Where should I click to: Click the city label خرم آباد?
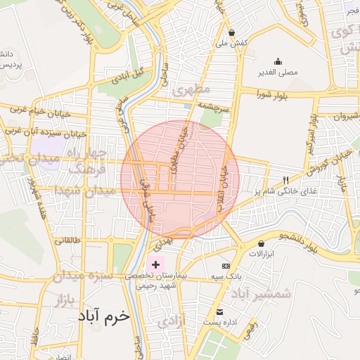101,316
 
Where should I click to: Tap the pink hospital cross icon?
155,265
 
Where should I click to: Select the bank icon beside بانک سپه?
226,266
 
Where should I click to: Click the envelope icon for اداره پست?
221,311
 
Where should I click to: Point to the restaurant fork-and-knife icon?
285,179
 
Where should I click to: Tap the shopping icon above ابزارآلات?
262,243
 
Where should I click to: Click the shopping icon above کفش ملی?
232,32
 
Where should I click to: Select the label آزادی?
173,321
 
